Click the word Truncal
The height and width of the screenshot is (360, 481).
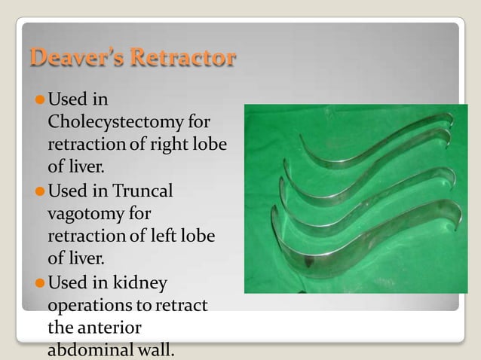146,191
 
